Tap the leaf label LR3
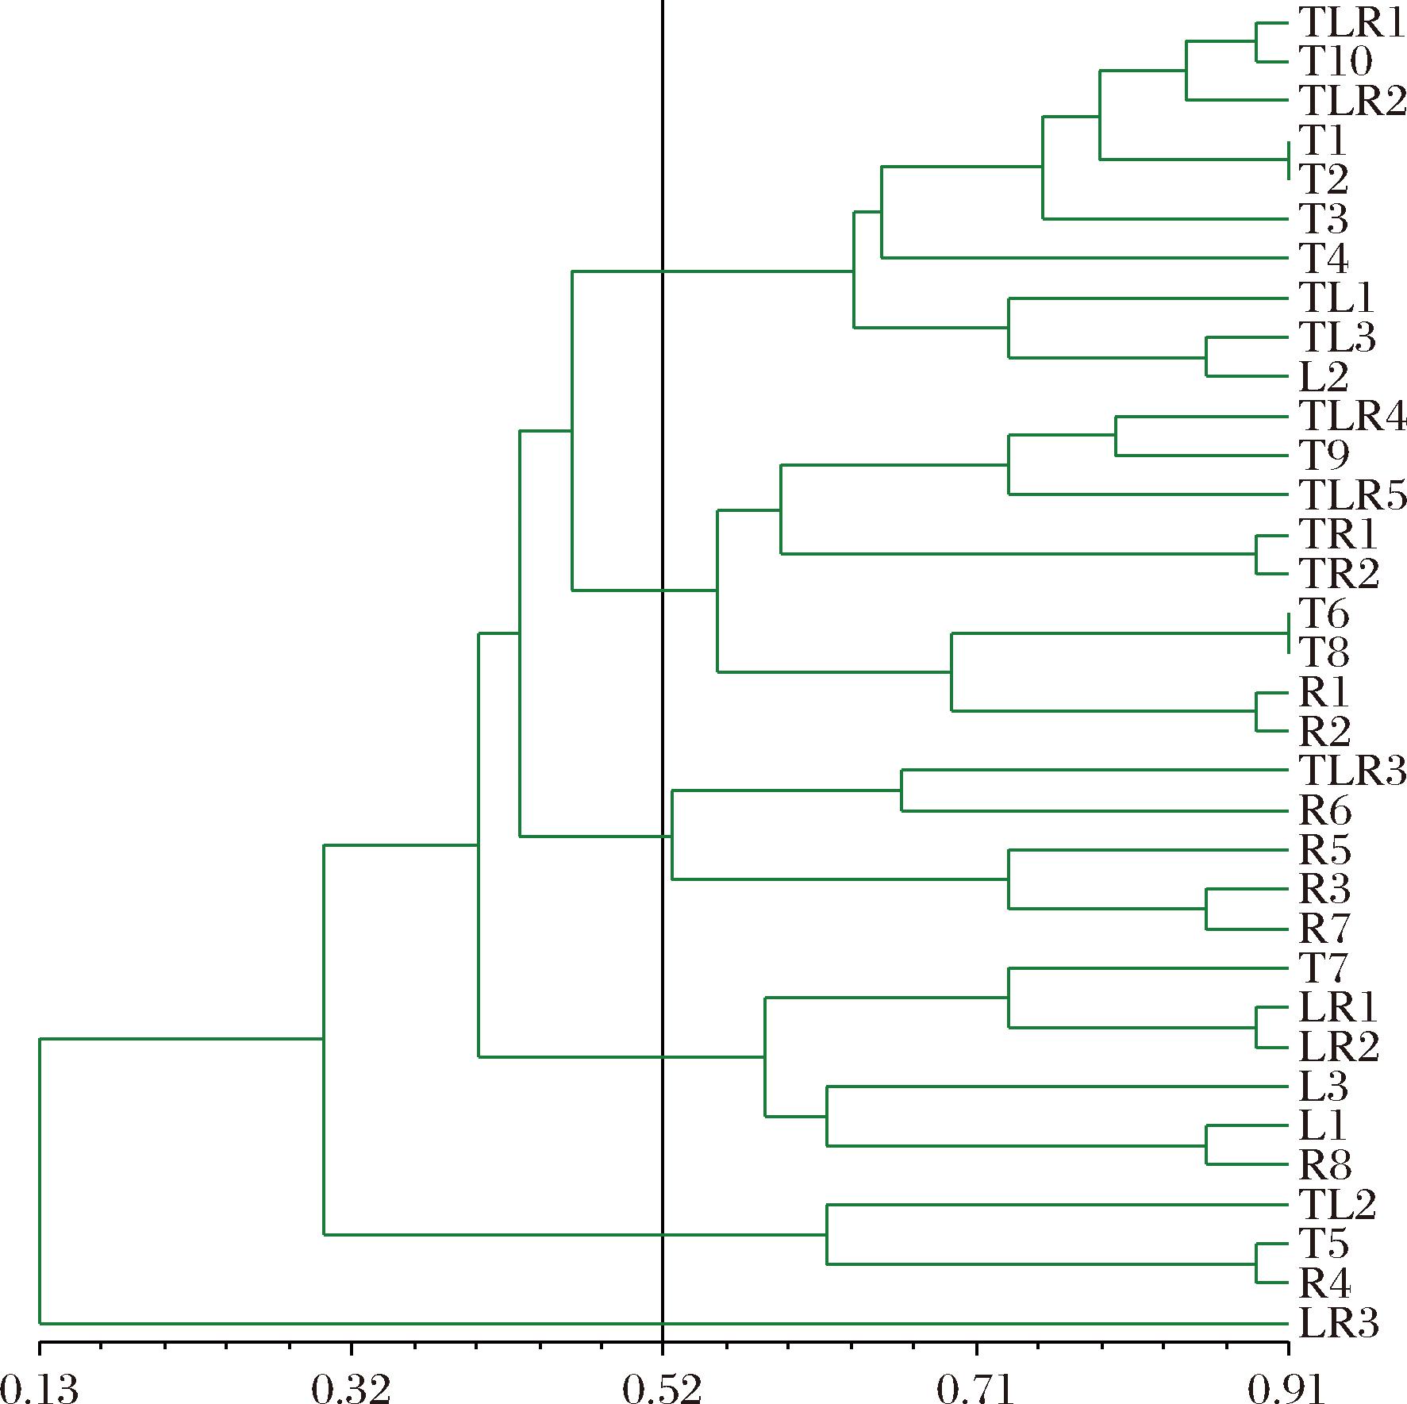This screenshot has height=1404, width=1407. [x=1339, y=1323]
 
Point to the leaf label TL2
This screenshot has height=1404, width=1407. [x=1336, y=1205]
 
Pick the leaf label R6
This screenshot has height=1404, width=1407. [x=1324, y=811]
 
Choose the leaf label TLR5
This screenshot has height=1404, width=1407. [x=1351, y=494]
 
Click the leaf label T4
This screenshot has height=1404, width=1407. [x=1324, y=258]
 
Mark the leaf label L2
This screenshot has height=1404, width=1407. [x=1324, y=376]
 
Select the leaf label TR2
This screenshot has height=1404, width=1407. [x=1339, y=573]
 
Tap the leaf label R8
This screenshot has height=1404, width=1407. [x=1324, y=1165]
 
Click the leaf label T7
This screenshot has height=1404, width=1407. [x=1324, y=968]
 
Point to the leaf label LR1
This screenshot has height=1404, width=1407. [x=1338, y=1008]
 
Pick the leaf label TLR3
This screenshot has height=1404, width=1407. [x=1351, y=770]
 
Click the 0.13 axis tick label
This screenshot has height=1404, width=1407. [x=40, y=1387]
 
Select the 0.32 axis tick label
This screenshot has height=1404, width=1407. [x=350, y=1387]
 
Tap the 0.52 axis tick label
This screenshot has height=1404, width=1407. [x=662, y=1387]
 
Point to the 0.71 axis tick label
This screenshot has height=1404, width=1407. [x=977, y=1387]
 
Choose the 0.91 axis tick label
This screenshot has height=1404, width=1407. [x=1287, y=1387]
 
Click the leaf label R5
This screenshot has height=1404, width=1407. [x=1324, y=850]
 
